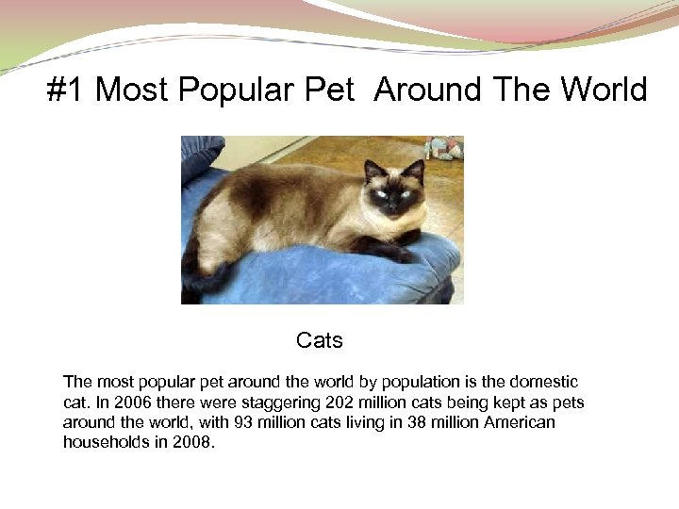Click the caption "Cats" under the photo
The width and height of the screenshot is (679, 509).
point(319,340)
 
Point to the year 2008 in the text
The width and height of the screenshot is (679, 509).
point(196,442)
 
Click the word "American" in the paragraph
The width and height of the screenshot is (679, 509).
point(519,422)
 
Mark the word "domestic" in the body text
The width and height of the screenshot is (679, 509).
point(543,382)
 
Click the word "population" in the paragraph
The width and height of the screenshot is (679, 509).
point(394,382)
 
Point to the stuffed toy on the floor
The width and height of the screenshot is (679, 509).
point(443,148)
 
